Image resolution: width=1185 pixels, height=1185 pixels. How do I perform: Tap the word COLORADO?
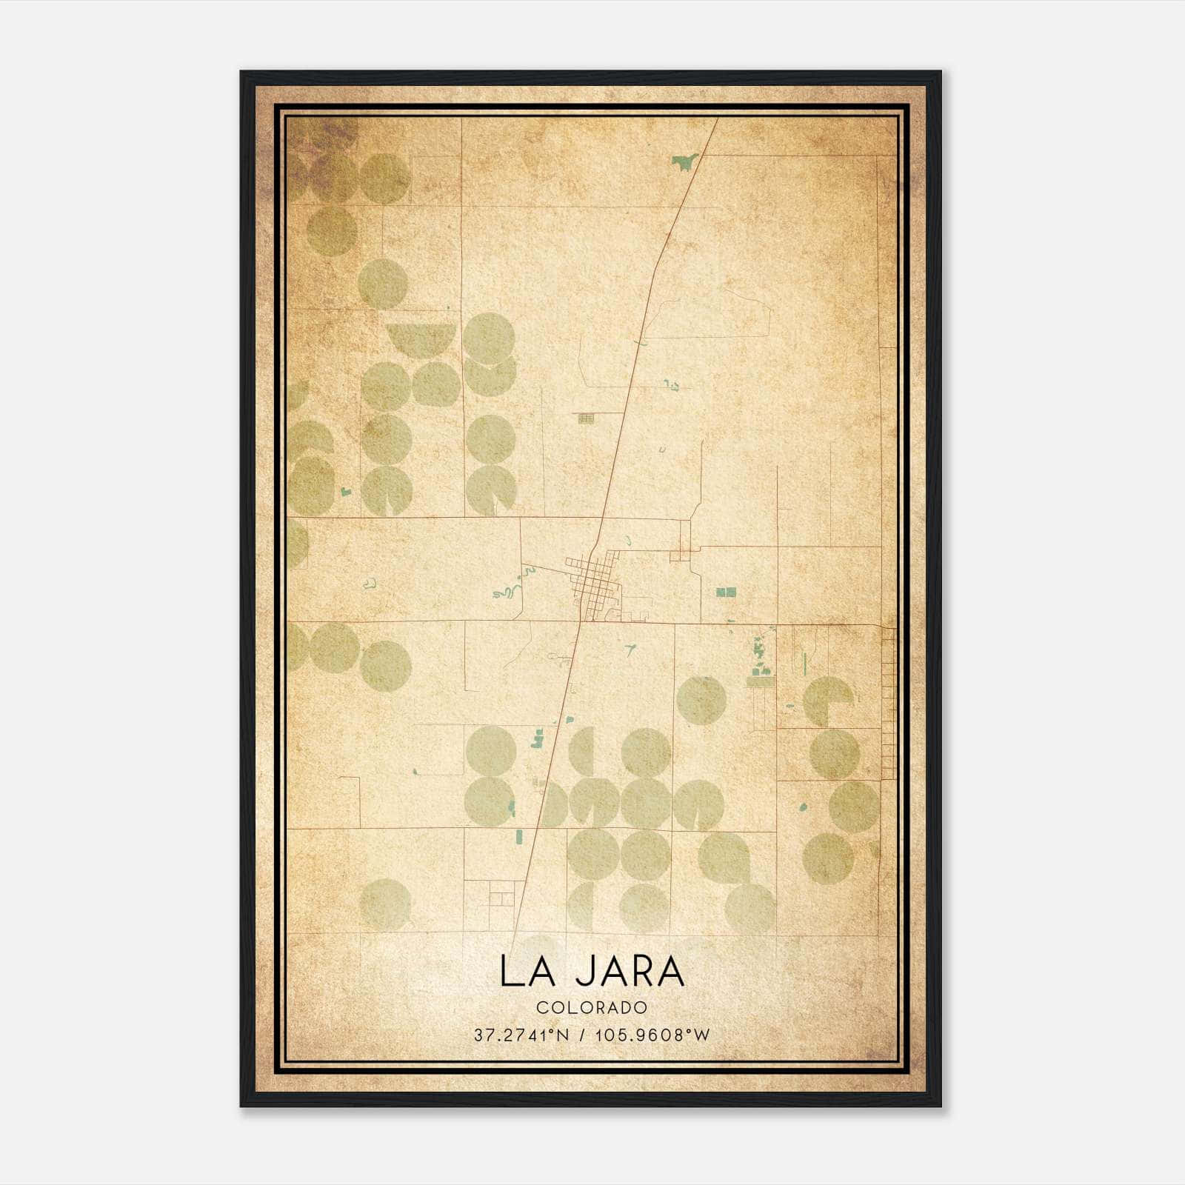coord(592,1007)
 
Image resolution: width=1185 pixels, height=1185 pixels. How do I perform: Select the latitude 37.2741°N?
coord(521,1035)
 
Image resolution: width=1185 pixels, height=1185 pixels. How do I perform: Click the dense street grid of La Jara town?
coord(592,581)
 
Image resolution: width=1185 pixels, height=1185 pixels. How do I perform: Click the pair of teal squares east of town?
coord(726,592)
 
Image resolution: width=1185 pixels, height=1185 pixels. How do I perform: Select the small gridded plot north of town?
coord(586,418)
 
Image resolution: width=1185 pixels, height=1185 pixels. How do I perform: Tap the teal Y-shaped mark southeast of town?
coord(630,650)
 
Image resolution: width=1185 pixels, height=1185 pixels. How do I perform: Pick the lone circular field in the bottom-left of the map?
coord(385,904)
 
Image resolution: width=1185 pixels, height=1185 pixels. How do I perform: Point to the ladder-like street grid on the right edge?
coord(888,704)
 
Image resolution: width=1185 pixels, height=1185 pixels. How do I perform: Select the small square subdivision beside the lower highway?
coord(501,898)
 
